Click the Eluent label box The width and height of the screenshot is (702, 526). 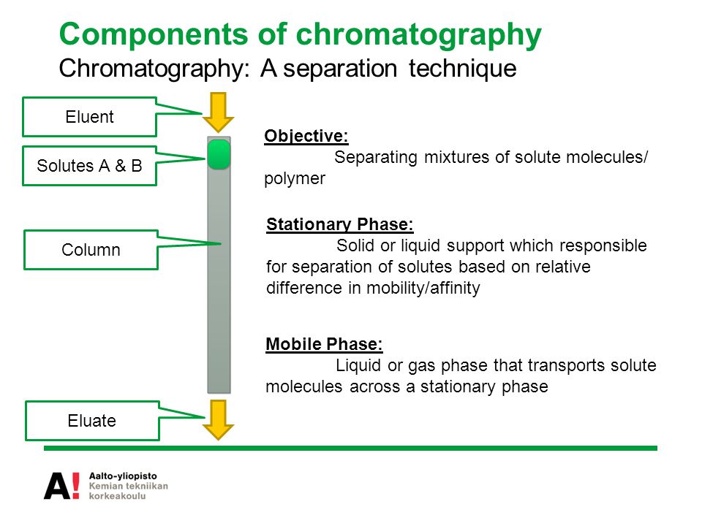(x=89, y=117)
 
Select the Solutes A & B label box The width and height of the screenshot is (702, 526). (x=89, y=166)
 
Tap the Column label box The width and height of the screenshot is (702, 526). (x=91, y=250)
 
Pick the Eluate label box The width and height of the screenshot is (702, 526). (x=92, y=421)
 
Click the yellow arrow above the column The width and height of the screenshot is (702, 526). (x=218, y=113)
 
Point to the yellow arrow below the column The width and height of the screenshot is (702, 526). (x=218, y=420)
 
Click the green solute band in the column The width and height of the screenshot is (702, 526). (x=219, y=155)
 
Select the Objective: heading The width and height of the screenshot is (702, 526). (x=306, y=136)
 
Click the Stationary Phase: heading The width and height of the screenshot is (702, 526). (x=340, y=224)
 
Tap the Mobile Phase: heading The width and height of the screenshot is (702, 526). (x=324, y=344)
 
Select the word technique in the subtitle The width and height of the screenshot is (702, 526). (x=462, y=69)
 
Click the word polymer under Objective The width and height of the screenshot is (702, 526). (x=295, y=179)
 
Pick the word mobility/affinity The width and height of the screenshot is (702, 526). (x=423, y=288)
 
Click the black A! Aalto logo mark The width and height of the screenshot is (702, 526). (x=61, y=486)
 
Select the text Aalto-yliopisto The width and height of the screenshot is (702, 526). (x=123, y=476)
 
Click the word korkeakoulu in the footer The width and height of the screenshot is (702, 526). (x=117, y=496)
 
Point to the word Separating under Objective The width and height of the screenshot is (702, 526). (x=376, y=158)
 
